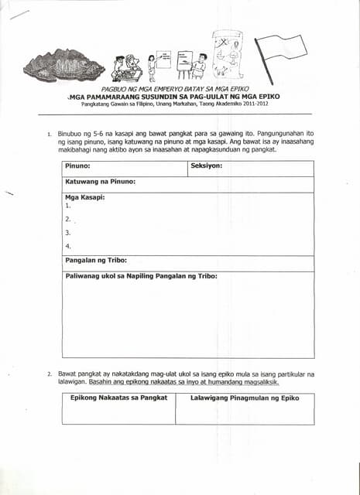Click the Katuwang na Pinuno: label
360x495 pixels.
101,182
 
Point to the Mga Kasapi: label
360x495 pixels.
85,197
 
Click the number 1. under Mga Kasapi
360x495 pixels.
68,207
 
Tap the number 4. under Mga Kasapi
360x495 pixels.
68,246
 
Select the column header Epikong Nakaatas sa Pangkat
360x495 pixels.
118,398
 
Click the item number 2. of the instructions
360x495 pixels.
50,374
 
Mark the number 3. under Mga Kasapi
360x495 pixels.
68,232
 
